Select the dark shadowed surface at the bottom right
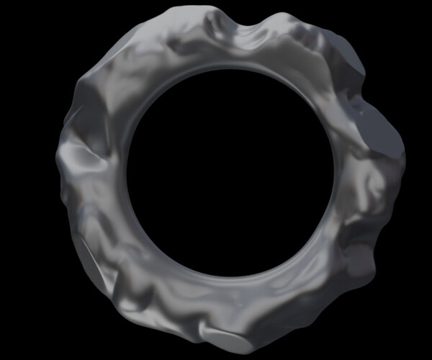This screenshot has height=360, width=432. [x=317, y=295]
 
